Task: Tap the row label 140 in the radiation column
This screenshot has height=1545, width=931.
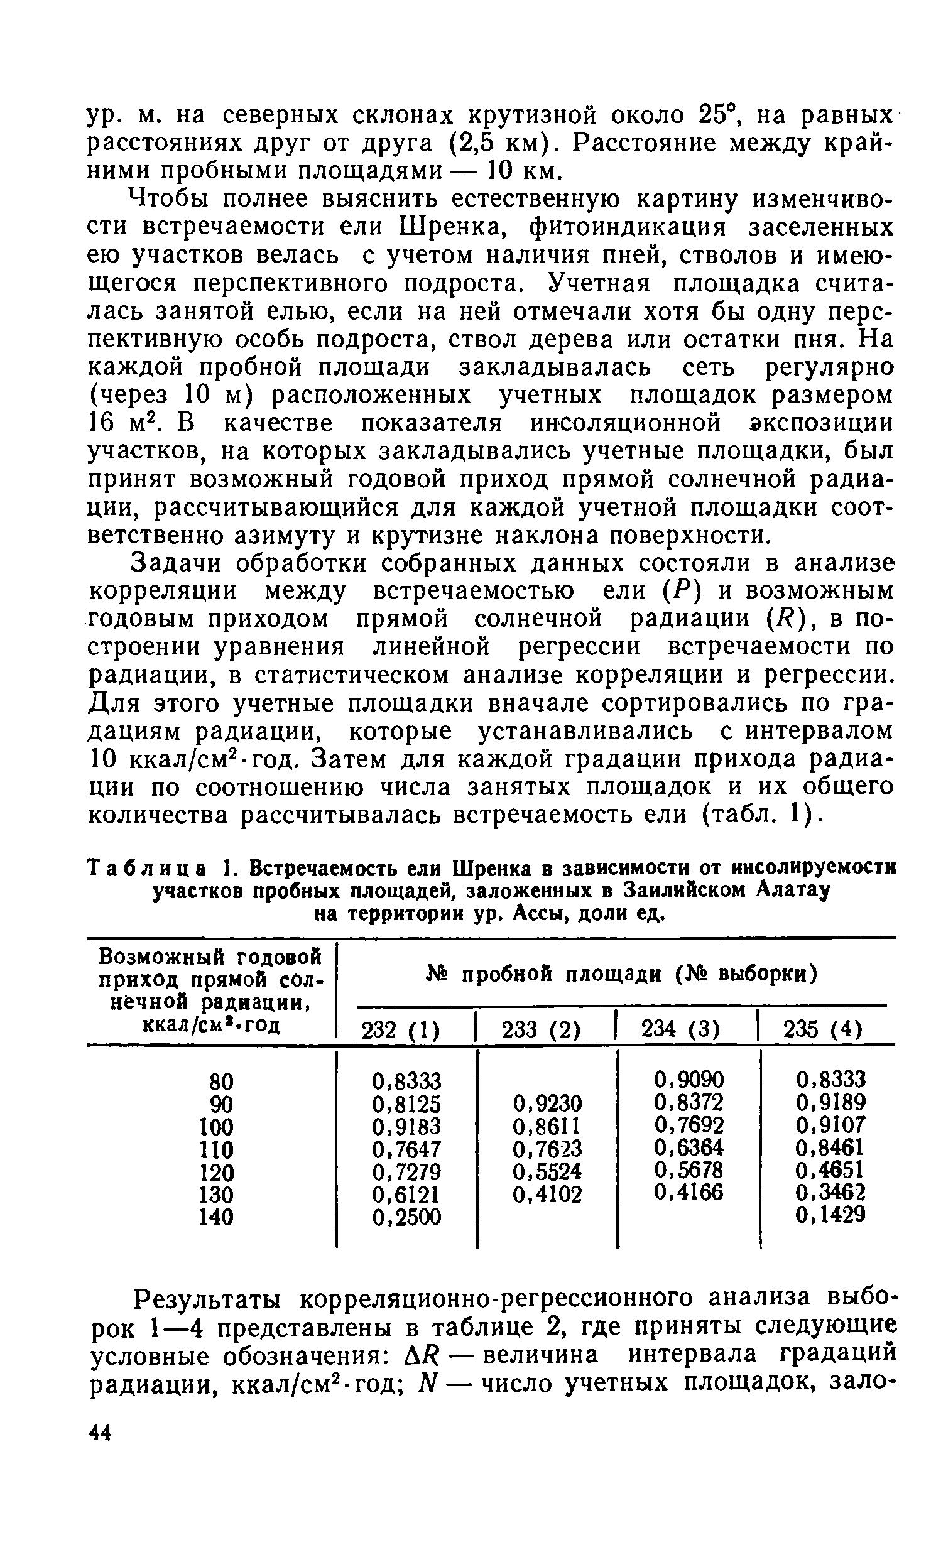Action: pyautogui.click(x=215, y=1218)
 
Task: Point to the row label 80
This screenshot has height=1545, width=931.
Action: pyautogui.click(x=220, y=1081)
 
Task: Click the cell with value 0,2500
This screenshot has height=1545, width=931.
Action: pyautogui.click(x=406, y=1218)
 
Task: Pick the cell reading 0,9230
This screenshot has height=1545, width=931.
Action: pyautogui.click(x=547, y=1103)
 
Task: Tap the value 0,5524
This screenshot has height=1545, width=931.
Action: pyautogui.click(x=547, y=1172)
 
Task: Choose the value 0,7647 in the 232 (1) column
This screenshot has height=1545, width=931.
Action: pyautogui.click(x=406, y=1149)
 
